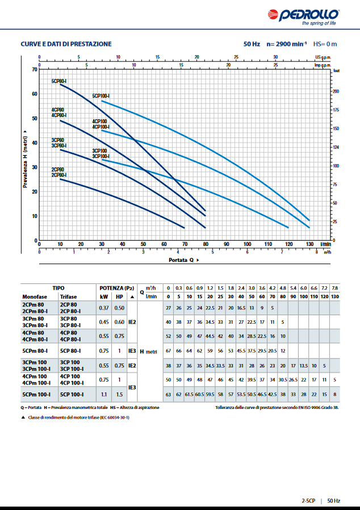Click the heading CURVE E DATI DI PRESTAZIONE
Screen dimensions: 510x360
(x=66, y=44)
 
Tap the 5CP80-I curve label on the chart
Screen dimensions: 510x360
(x=59, y=82)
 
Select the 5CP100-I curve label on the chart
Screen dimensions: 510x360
(x=101, y=96)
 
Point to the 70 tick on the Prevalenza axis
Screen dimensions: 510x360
(x=34, y=70)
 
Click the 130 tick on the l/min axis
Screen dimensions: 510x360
(x=309, y=244)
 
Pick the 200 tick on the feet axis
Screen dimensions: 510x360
(x=336, y=91)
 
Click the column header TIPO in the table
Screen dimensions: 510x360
(x=58, y=288)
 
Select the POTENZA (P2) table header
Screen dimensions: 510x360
(x=116, y=288)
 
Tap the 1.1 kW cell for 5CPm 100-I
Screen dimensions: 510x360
(x=104, y=394)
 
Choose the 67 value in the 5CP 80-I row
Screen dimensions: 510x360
(x=168, y=350)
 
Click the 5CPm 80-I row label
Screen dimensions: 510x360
(x=35, y=351)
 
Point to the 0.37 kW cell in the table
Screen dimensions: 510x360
(x=104, y=308)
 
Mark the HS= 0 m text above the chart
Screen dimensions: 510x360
(x=325, y=44)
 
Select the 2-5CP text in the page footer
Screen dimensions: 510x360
(x=310, y=501)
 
